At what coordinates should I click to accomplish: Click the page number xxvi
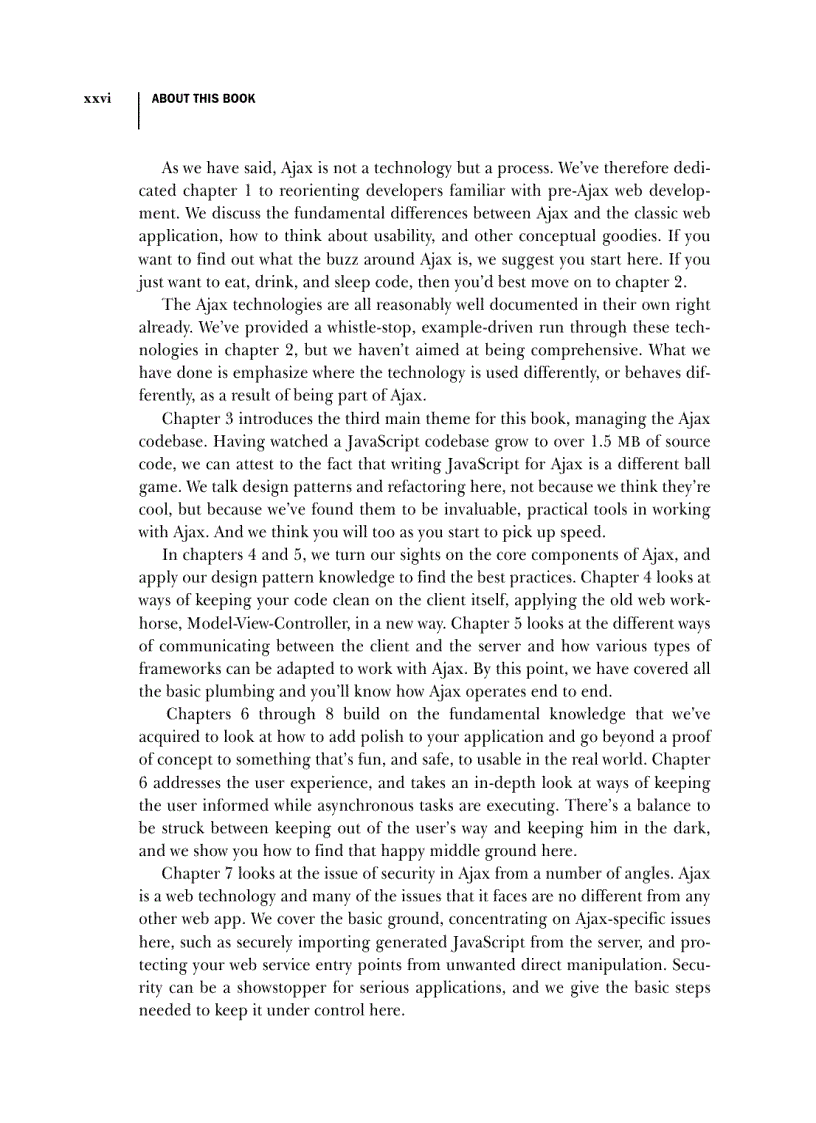click(97, 99)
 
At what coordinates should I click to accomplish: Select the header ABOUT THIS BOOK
click(203, 99)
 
